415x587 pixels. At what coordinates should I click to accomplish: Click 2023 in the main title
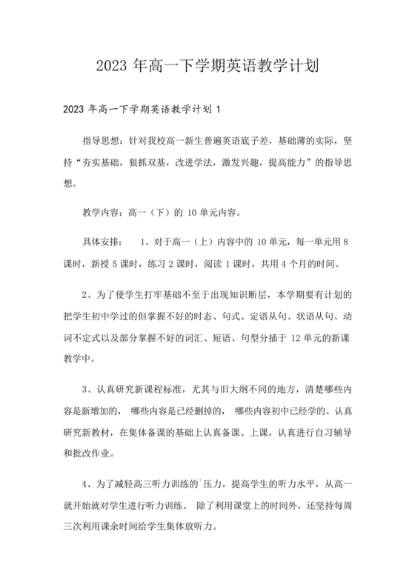coord(111,66)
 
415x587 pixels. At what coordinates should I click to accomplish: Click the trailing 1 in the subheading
coord(219,110)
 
